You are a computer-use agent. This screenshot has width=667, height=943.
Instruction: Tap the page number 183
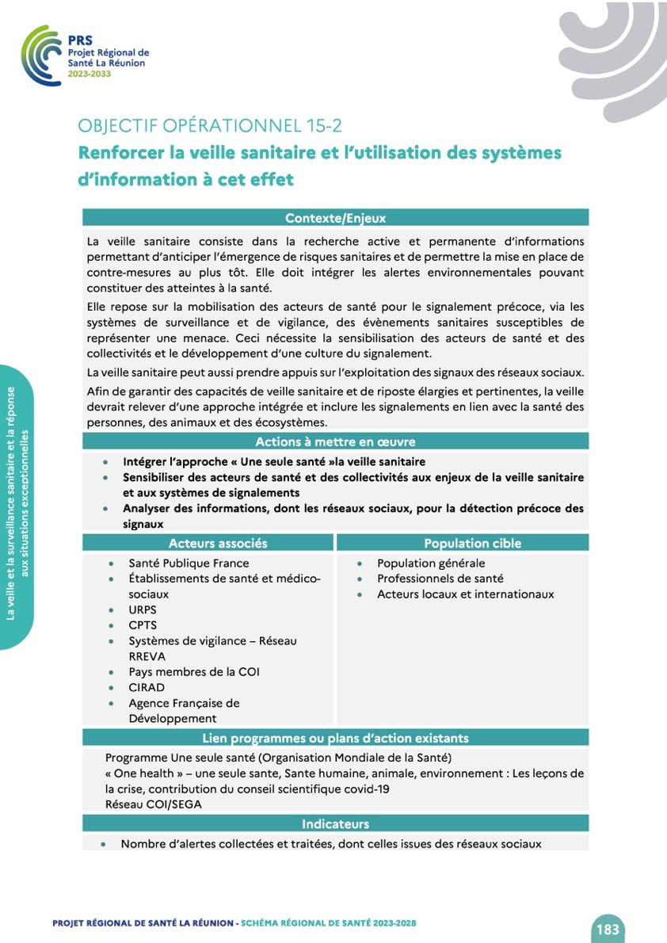608,929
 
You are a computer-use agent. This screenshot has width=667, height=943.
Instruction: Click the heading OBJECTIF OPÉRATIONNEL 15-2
210,125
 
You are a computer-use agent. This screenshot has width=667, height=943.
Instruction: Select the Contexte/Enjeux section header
335,218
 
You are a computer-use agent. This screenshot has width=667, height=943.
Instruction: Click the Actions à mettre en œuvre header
335,441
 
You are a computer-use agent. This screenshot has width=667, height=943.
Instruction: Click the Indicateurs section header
335,823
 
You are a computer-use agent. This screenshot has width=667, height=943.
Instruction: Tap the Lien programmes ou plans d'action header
335,738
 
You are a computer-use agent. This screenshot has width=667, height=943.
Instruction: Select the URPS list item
143,610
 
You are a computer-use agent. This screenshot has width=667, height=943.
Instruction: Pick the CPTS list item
143,625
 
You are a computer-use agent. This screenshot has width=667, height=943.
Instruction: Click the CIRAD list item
147,687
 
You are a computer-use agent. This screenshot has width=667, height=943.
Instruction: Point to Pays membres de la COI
194,672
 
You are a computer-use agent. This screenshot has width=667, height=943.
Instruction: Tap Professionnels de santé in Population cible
440,578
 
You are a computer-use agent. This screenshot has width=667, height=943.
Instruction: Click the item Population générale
431,563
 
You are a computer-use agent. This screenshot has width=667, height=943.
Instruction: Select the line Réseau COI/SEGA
154,804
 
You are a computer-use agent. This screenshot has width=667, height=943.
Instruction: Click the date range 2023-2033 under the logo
90,73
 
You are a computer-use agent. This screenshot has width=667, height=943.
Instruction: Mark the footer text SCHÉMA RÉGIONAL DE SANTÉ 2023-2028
329,923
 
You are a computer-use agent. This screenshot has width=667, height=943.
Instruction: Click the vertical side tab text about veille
17,507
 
